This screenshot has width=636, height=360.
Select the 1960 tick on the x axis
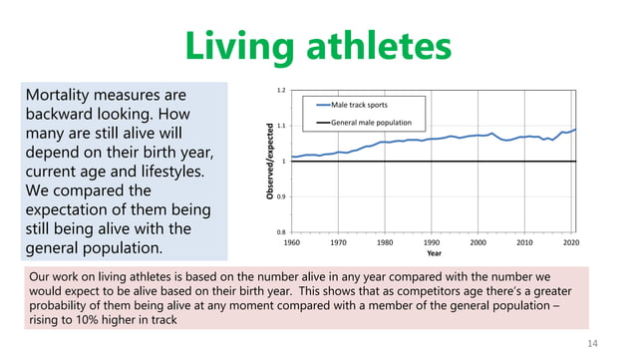pos(292,242)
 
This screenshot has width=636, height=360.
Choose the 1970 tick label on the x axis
pos(339,242)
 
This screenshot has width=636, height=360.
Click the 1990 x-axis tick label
pos(432,242)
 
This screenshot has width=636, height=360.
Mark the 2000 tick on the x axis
pos(478,242)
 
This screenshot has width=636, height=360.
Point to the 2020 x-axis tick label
pos(571,242)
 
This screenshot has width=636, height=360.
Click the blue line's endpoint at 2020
pos(574,130)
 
